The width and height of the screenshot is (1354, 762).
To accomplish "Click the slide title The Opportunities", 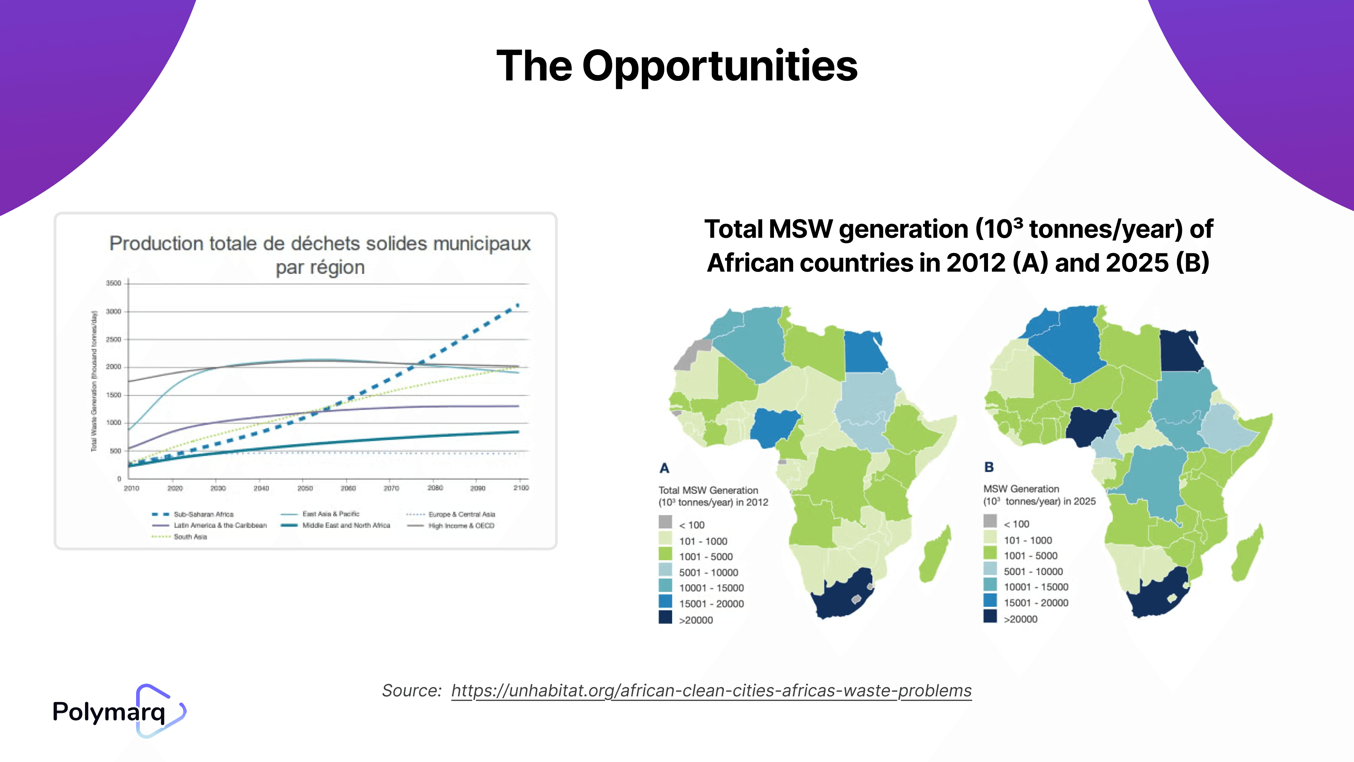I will pos(677,66).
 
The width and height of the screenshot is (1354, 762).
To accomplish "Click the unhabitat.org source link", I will pos(711,690).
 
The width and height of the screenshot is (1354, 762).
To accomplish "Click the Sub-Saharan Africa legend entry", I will pos(203,514).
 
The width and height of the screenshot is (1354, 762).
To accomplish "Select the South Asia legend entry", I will pos(190,537).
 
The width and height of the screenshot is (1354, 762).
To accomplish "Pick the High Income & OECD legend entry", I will pos(461,525).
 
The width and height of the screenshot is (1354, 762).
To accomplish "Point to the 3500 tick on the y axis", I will pos(114,283).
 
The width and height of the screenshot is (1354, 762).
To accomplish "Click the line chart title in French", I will pos(319,255).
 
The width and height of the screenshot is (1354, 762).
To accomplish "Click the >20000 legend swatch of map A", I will pos(665,617).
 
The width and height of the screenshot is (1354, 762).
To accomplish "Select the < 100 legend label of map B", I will pos(1017,524).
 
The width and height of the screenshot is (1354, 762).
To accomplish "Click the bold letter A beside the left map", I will pos(664,468).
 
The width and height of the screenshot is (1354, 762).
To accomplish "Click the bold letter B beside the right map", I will pos(989,467).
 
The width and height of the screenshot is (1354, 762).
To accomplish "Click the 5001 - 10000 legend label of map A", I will pos(708,572).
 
